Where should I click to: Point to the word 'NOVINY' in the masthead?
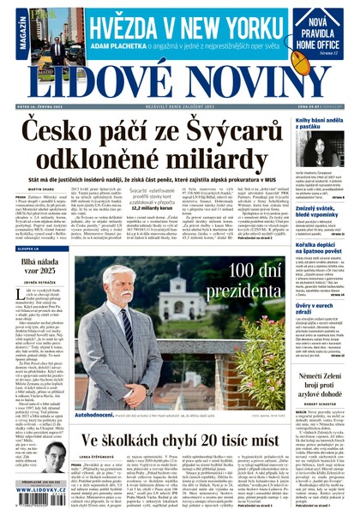click(x=255, y=82)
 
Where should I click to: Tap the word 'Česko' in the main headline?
click(x=63, y=129)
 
